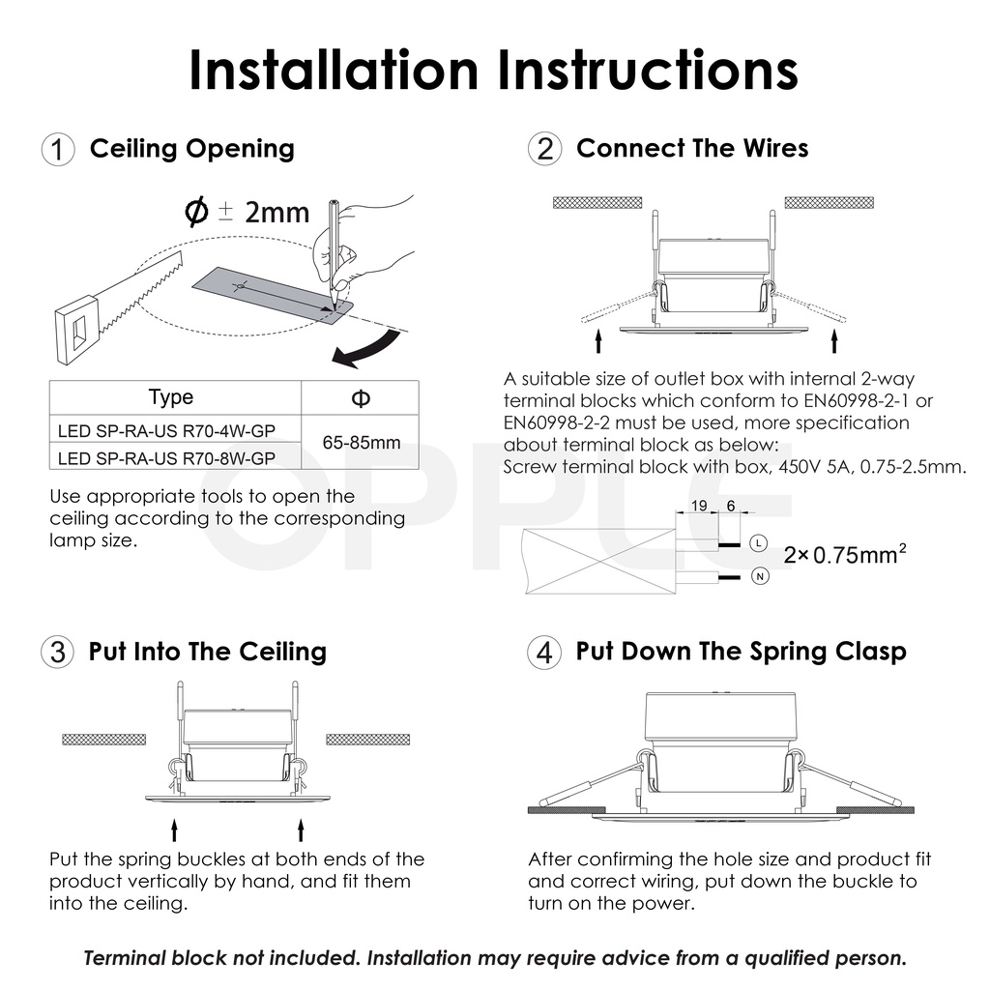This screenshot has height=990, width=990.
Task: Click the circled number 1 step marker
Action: pyautogui.click(x=58, y=150)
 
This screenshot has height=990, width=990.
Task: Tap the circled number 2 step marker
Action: pyautogui.click(x=544, y=149)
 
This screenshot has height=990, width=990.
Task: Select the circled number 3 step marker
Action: pyautogui.click(x=57, y=652)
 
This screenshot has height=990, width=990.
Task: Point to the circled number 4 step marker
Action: pyautogui.click(x=543, y=652)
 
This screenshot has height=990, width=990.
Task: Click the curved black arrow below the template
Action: pyautogui.click(x=366, y=349)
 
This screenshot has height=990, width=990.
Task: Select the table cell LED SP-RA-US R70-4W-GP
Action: pyautogui.click(x=166, y=430)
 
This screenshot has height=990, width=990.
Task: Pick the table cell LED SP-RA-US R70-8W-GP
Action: pyautogui.click(x=166, y=457)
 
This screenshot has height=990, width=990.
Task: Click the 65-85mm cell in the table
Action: pyautogui.click(x=362, y=442)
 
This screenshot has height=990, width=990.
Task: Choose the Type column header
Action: pyautogui.click(x=171, y=397)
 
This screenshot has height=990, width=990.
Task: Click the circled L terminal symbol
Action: pyautogui.click(x=758, y=543)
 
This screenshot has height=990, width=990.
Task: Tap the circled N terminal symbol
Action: pyautogui.click(x=760, y=576)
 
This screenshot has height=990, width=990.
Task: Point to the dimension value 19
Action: pyautogui.click(x=699, y=506)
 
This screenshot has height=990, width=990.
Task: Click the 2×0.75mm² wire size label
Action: pyautogui.click(x=845, y=554)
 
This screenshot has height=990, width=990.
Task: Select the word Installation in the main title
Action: pyautogui.click(x=334, y=70)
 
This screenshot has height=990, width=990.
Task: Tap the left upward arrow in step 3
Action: pyautogui.click(x=175, y=830)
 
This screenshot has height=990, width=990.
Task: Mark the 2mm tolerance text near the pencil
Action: pyautogui.click(x=277, y=213)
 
